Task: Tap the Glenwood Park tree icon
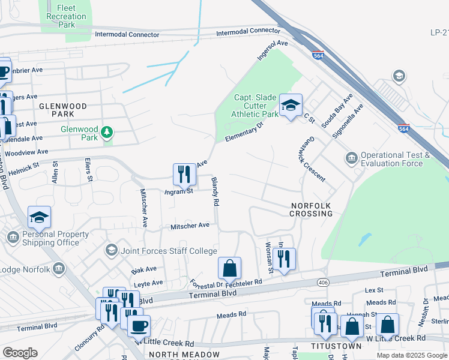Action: pos(107,131)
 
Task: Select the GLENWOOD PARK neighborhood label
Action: pos(63,110)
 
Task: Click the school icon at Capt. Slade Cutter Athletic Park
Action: pos(291,106)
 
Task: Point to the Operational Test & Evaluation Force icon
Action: pos(351,158)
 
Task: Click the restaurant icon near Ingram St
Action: pos(184,174)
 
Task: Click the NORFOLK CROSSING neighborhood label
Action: pos(311,209)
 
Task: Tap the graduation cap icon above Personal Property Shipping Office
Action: pos(39,217)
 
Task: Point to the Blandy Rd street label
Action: pos(215,191)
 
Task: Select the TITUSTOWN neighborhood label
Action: pos(336,346)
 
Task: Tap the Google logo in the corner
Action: pos(20,352)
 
